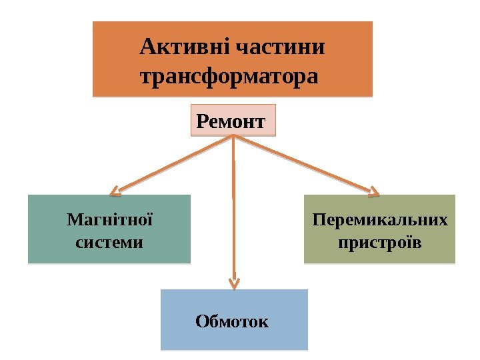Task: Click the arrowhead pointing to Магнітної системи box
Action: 116,193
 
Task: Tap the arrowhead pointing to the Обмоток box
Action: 234,282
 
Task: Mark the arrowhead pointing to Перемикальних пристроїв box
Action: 374,192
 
